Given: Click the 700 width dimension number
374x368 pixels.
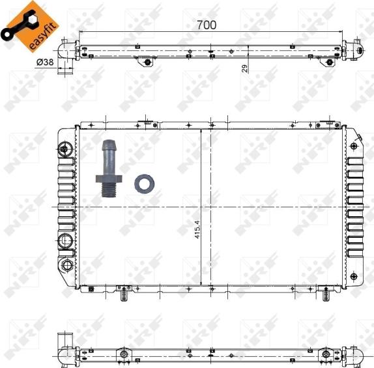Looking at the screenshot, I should (207, 25).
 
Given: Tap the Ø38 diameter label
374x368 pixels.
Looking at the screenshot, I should (45, 61).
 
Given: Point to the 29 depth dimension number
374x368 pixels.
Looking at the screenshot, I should (245, 68).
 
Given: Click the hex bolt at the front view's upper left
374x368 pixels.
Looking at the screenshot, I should (63, 149).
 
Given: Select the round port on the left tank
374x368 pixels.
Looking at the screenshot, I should (66, 242).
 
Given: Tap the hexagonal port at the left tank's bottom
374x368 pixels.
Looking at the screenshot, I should (66, 266).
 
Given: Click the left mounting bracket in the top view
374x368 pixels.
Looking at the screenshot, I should (146, 63).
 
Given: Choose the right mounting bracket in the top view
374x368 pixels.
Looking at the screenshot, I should (329, 63).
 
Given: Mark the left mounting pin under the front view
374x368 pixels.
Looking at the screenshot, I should (122, 296).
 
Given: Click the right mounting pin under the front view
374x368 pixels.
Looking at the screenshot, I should (324, 296).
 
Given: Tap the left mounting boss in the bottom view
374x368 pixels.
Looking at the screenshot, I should (122, 355).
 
